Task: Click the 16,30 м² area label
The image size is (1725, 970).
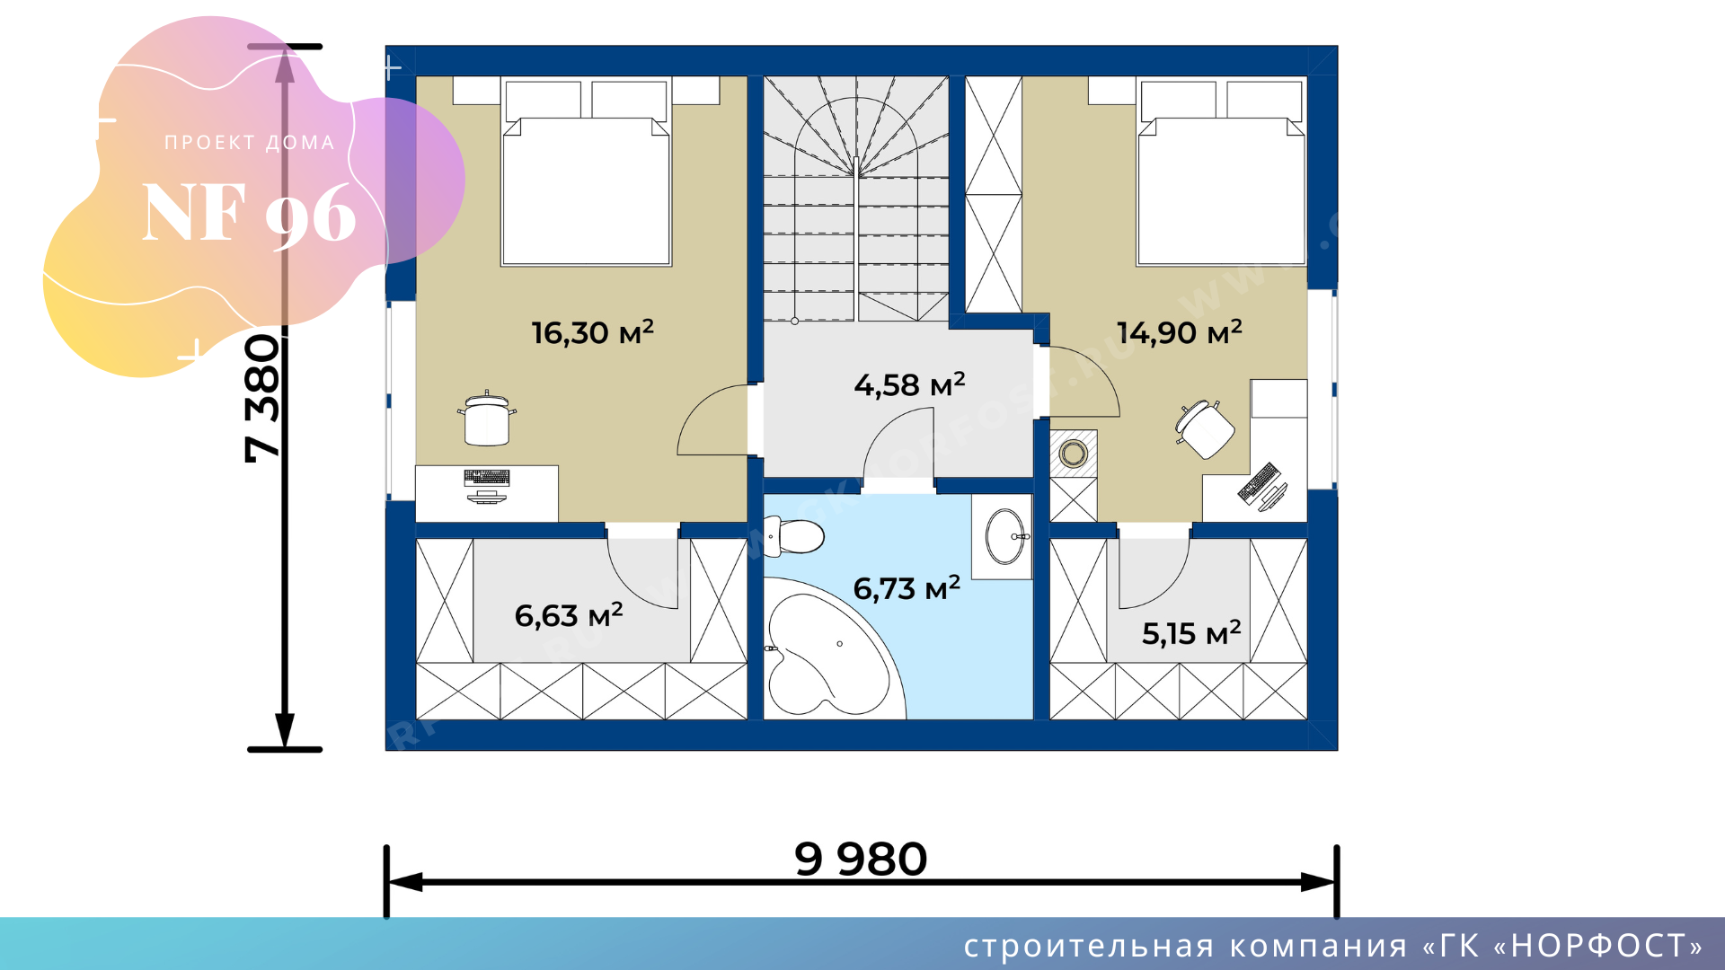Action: [592, 332]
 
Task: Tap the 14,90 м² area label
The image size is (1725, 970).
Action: [1179, 332]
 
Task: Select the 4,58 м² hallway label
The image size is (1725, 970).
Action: [909, 384]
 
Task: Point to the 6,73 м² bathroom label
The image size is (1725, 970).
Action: [907, 588]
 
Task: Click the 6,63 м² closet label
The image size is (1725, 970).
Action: [569, 615]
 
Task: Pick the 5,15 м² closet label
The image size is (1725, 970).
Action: [1191, 633]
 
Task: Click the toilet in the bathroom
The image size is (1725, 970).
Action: [793, 536]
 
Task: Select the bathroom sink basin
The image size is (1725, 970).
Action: [1005, 536]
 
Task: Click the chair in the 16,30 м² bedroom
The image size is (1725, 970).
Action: [487, 419]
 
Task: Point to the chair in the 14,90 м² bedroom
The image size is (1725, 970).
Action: [1204, 429]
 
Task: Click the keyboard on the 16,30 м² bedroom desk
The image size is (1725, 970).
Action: [487, 477]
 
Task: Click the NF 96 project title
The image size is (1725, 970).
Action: [249, 214]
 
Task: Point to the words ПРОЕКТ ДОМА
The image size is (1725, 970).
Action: [249, 143]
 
